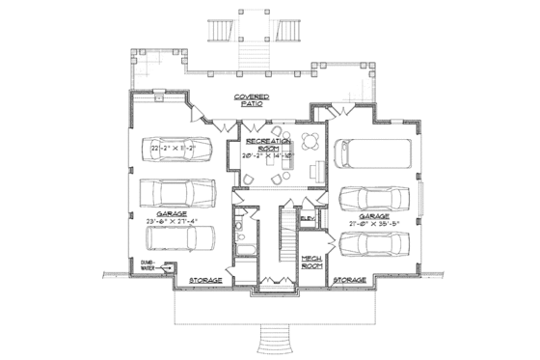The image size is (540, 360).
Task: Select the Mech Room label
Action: pyautogui.click(x=310, y=263)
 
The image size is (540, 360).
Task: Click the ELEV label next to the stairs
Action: pyautogui.click(x=308, y=220)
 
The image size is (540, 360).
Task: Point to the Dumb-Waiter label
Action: pyautogui.click(x=148, y=264)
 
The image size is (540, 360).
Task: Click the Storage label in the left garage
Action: pyautogui.click(x=203, y=281)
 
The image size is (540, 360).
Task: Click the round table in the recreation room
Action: pyautogui.click(x=309, y=141)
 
